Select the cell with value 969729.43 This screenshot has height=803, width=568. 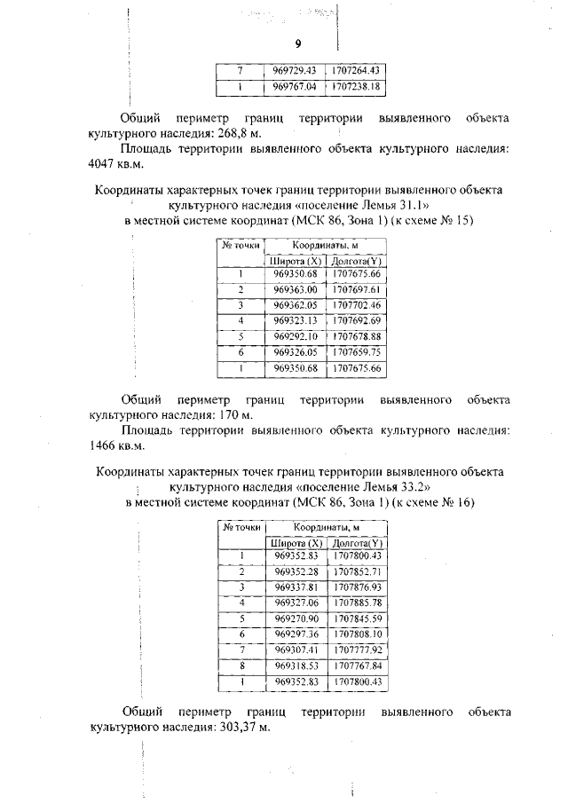(295, 70)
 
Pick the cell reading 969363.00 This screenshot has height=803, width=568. (295, 289)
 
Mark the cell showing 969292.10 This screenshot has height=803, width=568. (295, 336)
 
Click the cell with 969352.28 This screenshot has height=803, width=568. (296, 571)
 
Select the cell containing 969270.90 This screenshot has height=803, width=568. (296, 618)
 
